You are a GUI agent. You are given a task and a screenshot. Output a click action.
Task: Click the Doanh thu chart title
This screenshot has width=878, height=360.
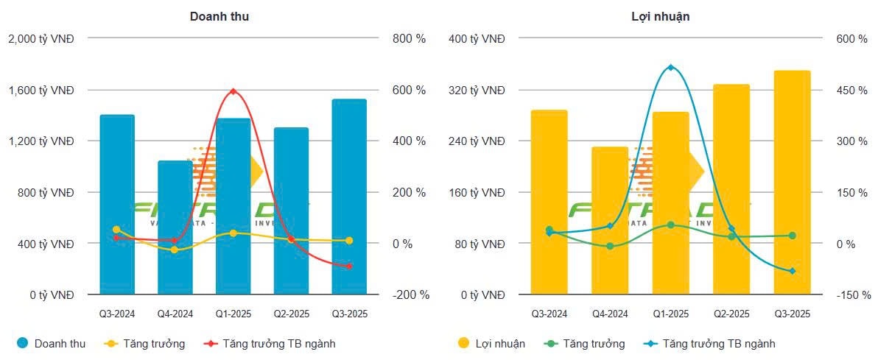pyautogui.click(x=219, y=16)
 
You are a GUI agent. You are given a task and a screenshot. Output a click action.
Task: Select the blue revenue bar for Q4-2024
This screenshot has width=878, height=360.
pyautogui.click(x=175, y=228)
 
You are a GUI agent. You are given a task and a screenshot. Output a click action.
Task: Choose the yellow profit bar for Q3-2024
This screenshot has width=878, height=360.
pyautogui.click(x=549, y=202)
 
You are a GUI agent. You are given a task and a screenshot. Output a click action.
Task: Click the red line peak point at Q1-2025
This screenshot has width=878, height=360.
pyautogui.click(x=233, y=91)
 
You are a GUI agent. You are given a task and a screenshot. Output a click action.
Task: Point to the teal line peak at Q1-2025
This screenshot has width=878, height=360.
pyautogui.click(x=670, y=68)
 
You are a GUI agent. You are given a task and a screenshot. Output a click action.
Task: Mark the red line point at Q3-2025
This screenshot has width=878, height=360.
pyautogui.click(x=349, y=266)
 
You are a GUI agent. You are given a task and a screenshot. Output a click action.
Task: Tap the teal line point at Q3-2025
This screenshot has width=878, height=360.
pyautogui.click(x=792, y=271)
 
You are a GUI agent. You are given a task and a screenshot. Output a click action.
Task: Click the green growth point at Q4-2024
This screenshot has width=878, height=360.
pyautogui.click(x=610, y=246)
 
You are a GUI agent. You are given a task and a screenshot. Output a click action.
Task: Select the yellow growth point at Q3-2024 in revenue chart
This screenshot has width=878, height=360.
pyautogui.click(x=116, y=230)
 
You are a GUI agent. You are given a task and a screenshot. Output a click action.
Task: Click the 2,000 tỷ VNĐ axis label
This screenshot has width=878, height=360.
pyautogui.click(x=41, y=38)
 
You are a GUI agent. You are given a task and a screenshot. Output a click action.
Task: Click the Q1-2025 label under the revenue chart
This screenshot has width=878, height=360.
pyautogui.click(x=233, y=314)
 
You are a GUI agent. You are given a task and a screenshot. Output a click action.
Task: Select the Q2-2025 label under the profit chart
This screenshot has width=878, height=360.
pyautogui.click(x=731, y=314)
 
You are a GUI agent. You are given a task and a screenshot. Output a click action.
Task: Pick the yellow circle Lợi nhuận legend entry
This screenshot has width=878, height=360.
pyautogui.click(x=464, y=343)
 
